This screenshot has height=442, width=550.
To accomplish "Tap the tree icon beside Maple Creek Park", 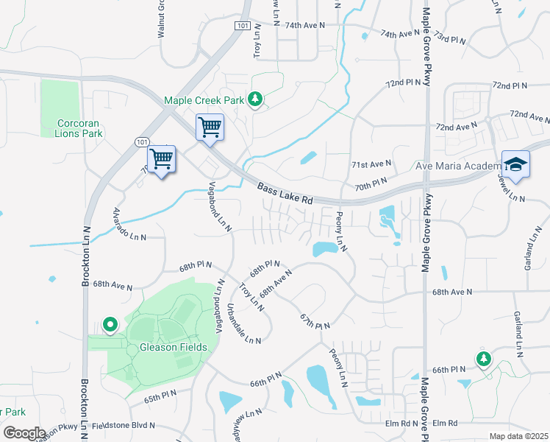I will click(x=255, y=99).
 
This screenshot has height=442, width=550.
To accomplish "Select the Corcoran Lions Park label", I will click(x=79, y=128).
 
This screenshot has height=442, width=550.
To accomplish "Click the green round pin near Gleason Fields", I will click(x=110, y=323).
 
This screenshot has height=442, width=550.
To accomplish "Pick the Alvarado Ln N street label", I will click(x=129, y=225).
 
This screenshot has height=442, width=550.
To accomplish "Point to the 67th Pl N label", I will click(x=315, y=320).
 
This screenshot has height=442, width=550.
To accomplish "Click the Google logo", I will click(x=24, y=433).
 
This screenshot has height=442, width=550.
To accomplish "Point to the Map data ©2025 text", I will click(x=518, y=436).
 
